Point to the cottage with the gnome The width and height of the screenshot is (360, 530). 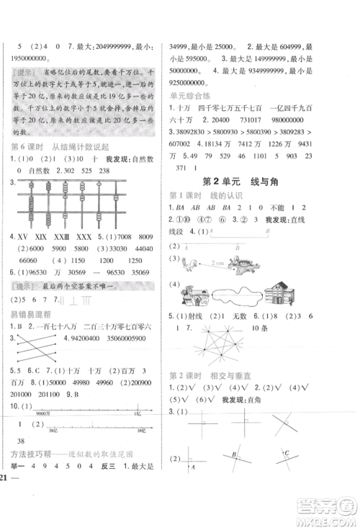coord(197,293)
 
